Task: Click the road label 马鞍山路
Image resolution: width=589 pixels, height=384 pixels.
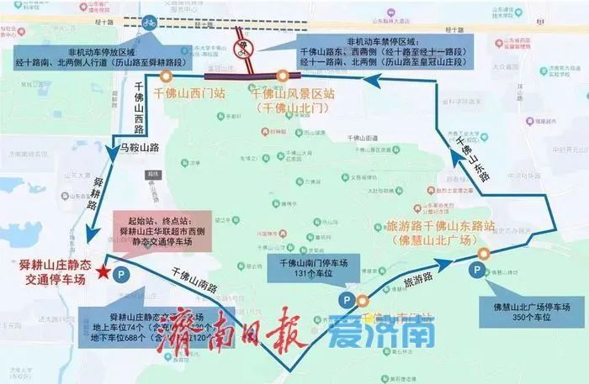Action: (x=138, y=148)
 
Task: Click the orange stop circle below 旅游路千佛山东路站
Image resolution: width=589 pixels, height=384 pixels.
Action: (x=483, y=254)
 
